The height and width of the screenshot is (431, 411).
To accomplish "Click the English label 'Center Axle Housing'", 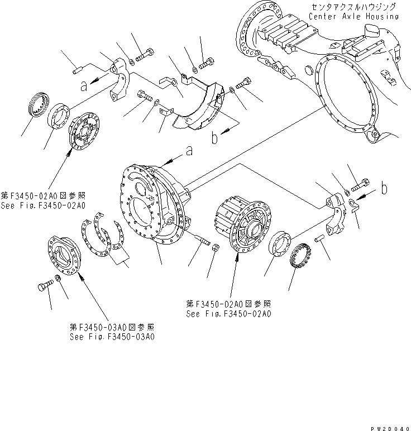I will (x=354, y=17).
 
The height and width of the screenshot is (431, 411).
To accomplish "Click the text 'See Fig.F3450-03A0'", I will (x=112, y=337).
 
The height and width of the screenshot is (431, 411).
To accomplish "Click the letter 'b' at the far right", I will (x=384, y=189).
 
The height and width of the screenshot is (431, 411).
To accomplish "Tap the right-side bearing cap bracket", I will (x=336, y=209).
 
